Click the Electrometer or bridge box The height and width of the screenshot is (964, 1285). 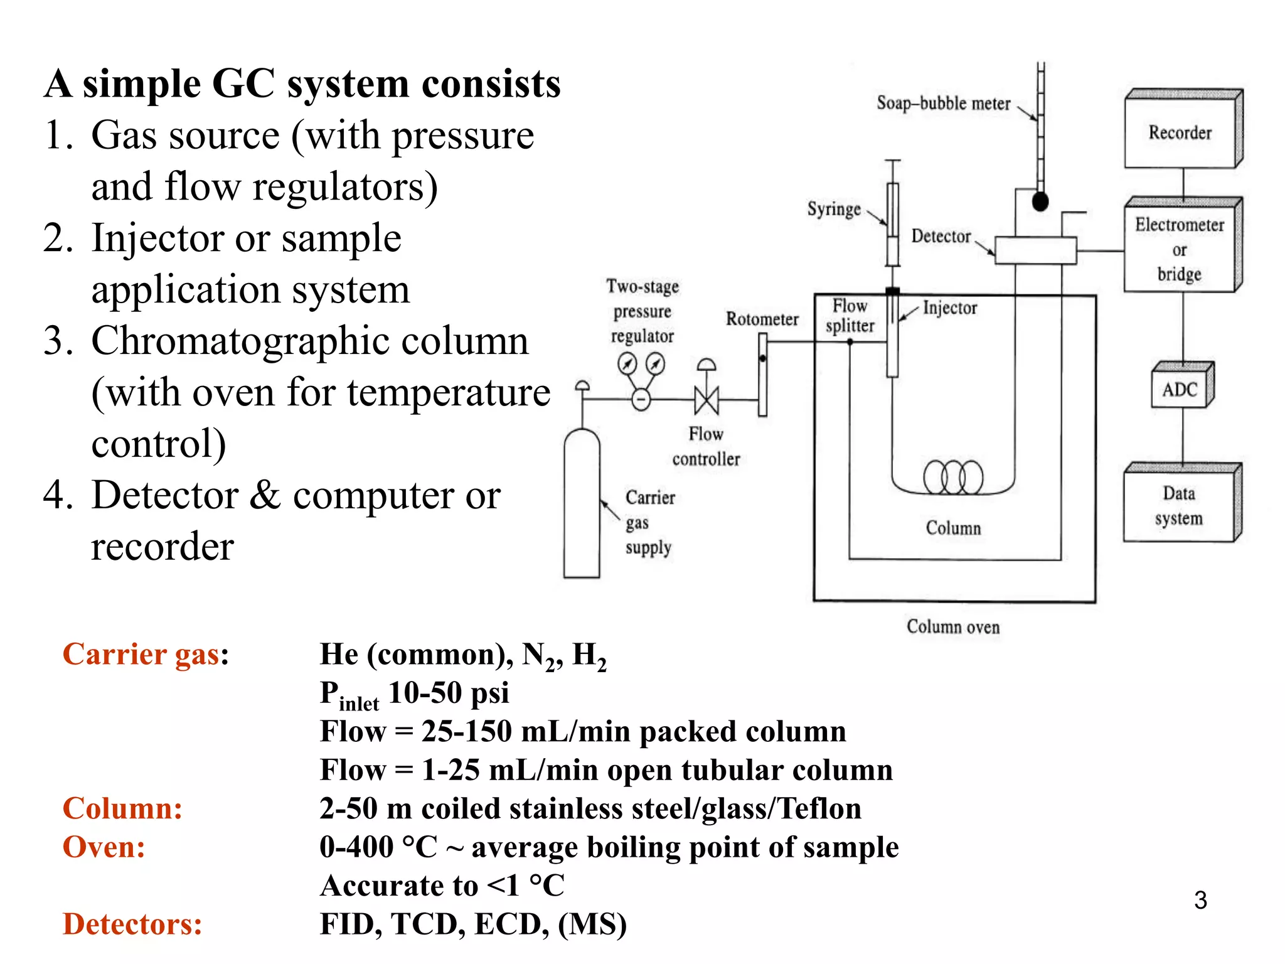[1179, 250]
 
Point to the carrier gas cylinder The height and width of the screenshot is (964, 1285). [582, 502]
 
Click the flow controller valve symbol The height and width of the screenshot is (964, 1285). [706, 399]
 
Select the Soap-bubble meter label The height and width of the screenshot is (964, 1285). [943, 103]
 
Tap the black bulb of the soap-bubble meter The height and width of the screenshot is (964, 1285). [1040, 202]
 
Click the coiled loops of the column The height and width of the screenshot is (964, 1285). [953, 477]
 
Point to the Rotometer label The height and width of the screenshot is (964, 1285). [762, 319]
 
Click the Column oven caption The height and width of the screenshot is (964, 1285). [952, 626]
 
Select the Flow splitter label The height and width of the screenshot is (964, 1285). [850, 316]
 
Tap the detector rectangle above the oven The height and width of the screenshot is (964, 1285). [1035, 250]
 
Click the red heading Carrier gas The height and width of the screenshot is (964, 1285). [142, 655]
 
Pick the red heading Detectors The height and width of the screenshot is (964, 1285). [132, 924]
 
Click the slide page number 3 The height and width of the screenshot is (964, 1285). [1200, 900]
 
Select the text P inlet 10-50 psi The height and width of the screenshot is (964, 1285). [414, 694]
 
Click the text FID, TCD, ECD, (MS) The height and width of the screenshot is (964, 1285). [472, 924]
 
